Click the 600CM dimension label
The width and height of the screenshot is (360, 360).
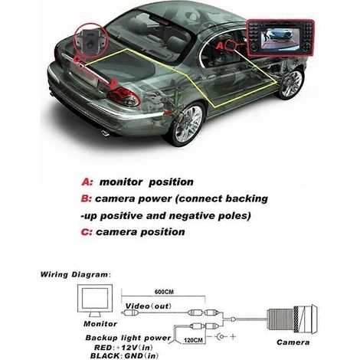164,292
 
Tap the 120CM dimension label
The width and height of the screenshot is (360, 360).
193,340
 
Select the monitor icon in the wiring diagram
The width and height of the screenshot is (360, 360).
95,301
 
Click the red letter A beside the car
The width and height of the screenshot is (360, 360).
220,46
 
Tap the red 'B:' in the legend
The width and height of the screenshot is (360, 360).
86,198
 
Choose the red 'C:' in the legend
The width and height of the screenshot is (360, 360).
87,232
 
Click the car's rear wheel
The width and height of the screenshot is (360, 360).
186,123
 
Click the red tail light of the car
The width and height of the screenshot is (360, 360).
123,97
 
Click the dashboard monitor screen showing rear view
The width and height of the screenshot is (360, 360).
281,38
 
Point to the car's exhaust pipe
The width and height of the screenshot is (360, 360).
105,133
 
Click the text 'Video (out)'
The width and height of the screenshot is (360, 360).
149,306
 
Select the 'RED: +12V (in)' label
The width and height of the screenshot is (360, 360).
123,348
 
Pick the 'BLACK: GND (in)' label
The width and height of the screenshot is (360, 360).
124,355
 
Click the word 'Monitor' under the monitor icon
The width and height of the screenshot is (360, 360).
100,324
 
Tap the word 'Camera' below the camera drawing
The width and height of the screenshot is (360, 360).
293,342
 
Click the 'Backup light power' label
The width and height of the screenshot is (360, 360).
128,338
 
